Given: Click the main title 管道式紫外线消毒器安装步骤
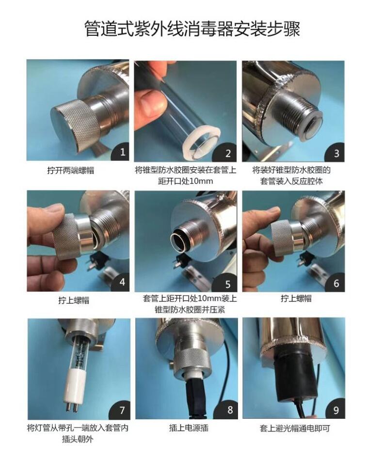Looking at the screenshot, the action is [x=192, y=29].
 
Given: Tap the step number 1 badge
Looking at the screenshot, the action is [x=122, y=152].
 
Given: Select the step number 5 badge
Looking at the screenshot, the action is [x=227, y=284].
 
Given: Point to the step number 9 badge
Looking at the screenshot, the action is [x=336, y=410].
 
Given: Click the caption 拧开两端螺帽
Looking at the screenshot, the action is [x=71, y=171].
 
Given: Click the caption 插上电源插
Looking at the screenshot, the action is [x=189, y=428].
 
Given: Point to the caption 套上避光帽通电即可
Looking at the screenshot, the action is [x=295, y=428].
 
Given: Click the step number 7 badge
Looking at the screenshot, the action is [x=122, y=411].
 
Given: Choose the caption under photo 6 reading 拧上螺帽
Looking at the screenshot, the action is [x=296, y=299].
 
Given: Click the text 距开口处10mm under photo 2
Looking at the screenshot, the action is [x=186, y=181].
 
